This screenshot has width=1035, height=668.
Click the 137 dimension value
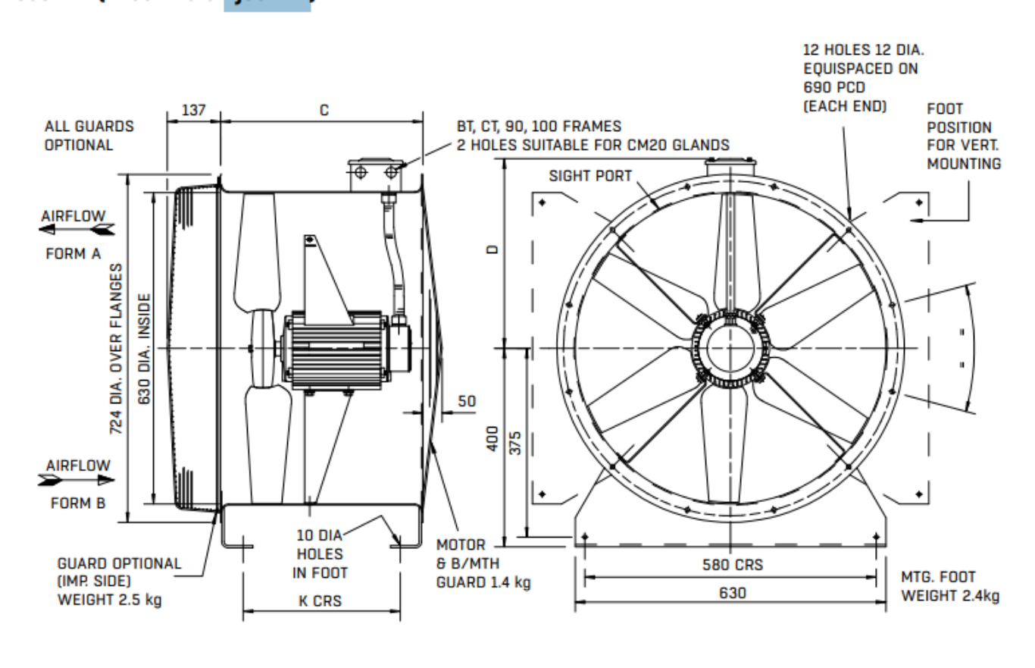click(192, 109)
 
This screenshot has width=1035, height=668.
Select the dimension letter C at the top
click(324, 109)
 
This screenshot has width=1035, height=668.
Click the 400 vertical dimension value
click(492, 437)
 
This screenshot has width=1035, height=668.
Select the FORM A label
click(75, 253)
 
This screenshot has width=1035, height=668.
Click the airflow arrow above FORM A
click(77, 228)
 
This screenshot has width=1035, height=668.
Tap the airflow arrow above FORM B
click(77, 479)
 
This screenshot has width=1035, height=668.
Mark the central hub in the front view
click(729, 349)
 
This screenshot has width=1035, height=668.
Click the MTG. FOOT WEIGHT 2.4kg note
click(949, 587)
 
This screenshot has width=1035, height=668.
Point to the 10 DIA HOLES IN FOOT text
click(320, 554)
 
